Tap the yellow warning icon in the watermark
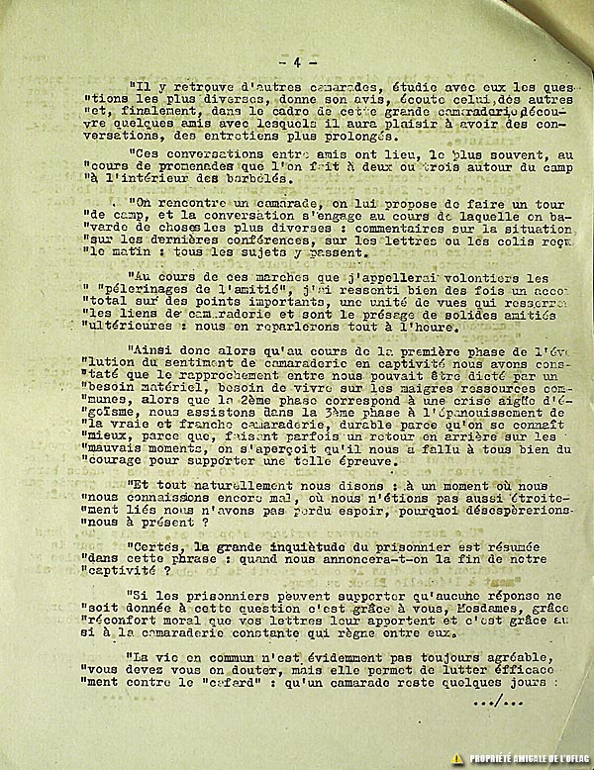pyautogui.click(x=456, y=756)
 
